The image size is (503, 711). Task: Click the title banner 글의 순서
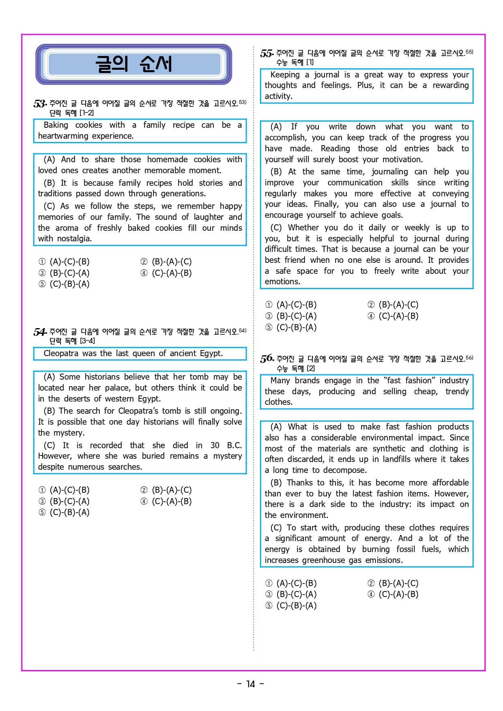pos(133,64)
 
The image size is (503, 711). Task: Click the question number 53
pos(40,104)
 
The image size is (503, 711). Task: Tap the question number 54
pos(40,332)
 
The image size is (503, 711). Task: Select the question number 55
pos(267,54)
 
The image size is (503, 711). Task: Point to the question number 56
pos(267,359)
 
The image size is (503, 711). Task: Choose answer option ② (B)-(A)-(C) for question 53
pos(166,262)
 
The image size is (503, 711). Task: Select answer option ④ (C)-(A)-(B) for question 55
pos(393,316)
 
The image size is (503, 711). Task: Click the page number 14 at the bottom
pos(251,684)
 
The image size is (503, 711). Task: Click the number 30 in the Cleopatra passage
pos(215,445)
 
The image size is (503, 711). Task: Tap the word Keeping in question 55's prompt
pos(285,75)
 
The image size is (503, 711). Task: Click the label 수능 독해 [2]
pos(295,368)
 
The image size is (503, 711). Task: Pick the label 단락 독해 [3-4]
pos(72,341)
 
